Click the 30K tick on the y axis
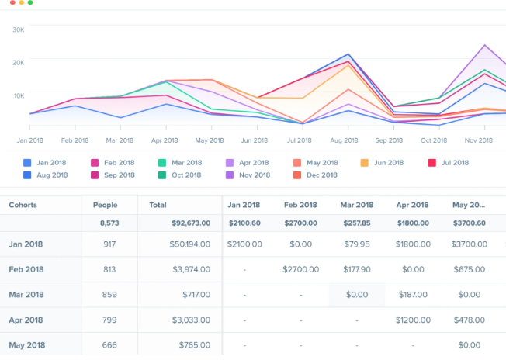pos(19,29)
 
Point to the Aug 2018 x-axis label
pos(344,140)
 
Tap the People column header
pos(105,205)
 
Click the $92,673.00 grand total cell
pos(191,223)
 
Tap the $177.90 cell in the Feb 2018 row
pos(356,269)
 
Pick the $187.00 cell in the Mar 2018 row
pos(412,295)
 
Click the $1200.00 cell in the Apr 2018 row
pos(412,320)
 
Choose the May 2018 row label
pos(27,345)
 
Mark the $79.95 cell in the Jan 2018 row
pos(356,244)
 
